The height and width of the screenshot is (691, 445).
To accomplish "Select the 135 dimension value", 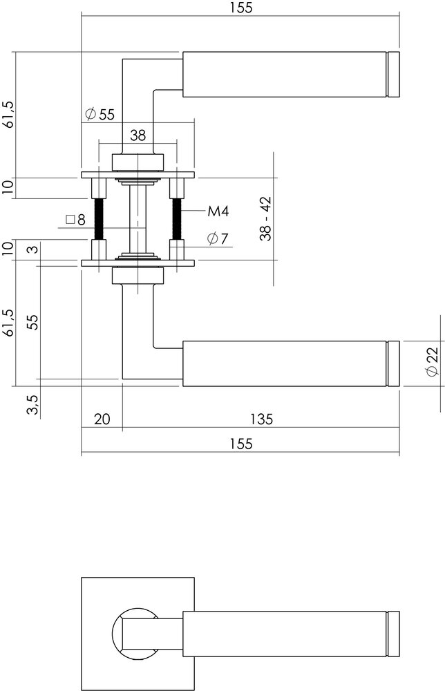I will point(261,419).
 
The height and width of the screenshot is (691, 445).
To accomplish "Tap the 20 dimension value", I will point(102,419).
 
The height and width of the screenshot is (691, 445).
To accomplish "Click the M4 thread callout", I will point(218,211).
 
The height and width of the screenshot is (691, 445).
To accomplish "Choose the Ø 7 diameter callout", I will point(218,239).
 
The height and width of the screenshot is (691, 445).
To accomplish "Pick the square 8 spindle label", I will point(75,220).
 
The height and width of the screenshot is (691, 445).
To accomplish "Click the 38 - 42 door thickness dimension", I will point(265,219).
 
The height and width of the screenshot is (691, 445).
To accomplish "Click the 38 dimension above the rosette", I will point(138,135).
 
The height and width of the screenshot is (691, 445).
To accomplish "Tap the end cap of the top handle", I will point(394,73).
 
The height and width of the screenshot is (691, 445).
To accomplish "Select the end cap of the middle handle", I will point(394,362).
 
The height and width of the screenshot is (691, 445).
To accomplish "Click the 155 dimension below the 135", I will point(240,444).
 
